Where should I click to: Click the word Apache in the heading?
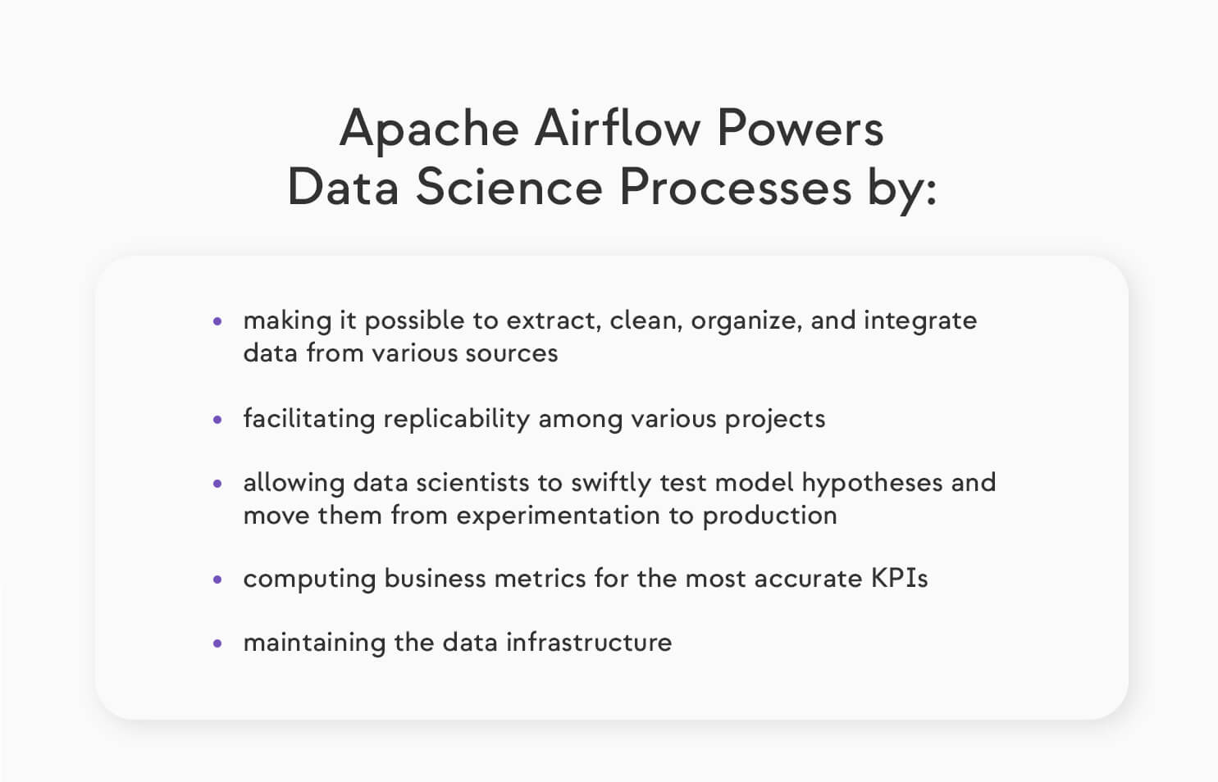[429, 130]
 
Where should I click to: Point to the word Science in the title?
[509, 188]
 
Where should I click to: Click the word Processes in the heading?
[735, 188]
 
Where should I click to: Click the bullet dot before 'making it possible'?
[217, 322]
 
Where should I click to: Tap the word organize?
[746, 321]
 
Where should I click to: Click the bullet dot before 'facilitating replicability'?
[217, 420]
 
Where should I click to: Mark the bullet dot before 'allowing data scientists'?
[217, 484]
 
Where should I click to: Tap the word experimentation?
[558, 516]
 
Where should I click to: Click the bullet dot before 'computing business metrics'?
[217, 580]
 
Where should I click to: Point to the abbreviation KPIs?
[899, 579]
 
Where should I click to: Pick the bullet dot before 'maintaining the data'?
[217, 643]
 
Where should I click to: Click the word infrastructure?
[588, 642]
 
